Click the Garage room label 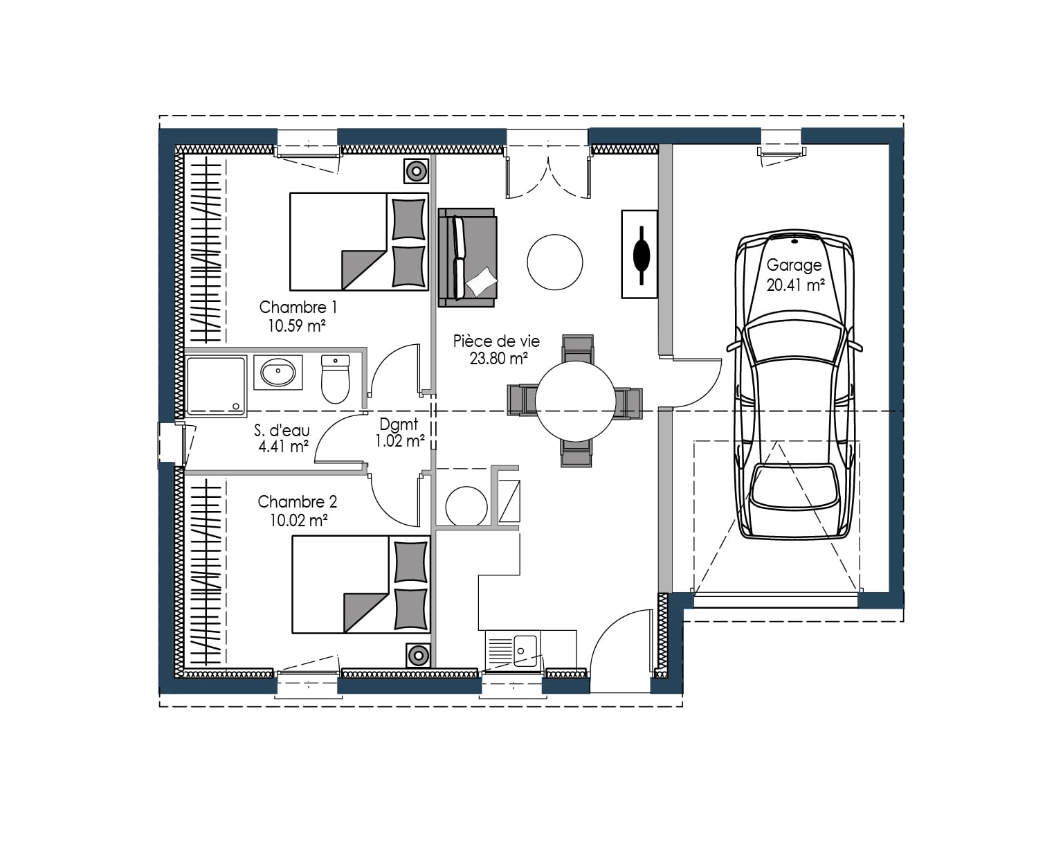pos(794,265)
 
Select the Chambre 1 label pos(298,307)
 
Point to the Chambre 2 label pos(297,501)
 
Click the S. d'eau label pos(282,431)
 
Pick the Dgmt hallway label pos(399,424)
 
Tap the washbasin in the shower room pos(278,373)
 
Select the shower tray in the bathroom pos(215,386)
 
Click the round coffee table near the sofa pos(554,262)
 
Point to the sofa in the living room pos(467,257)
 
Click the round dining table pos(575,400)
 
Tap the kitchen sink pos(514,650)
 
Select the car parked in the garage pos(794,388)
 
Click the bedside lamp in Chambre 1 pos(416,170)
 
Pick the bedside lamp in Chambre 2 pos(418,655)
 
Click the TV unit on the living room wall pos(639,254)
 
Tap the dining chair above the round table pos(577,348)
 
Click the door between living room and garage pos(696,382)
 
